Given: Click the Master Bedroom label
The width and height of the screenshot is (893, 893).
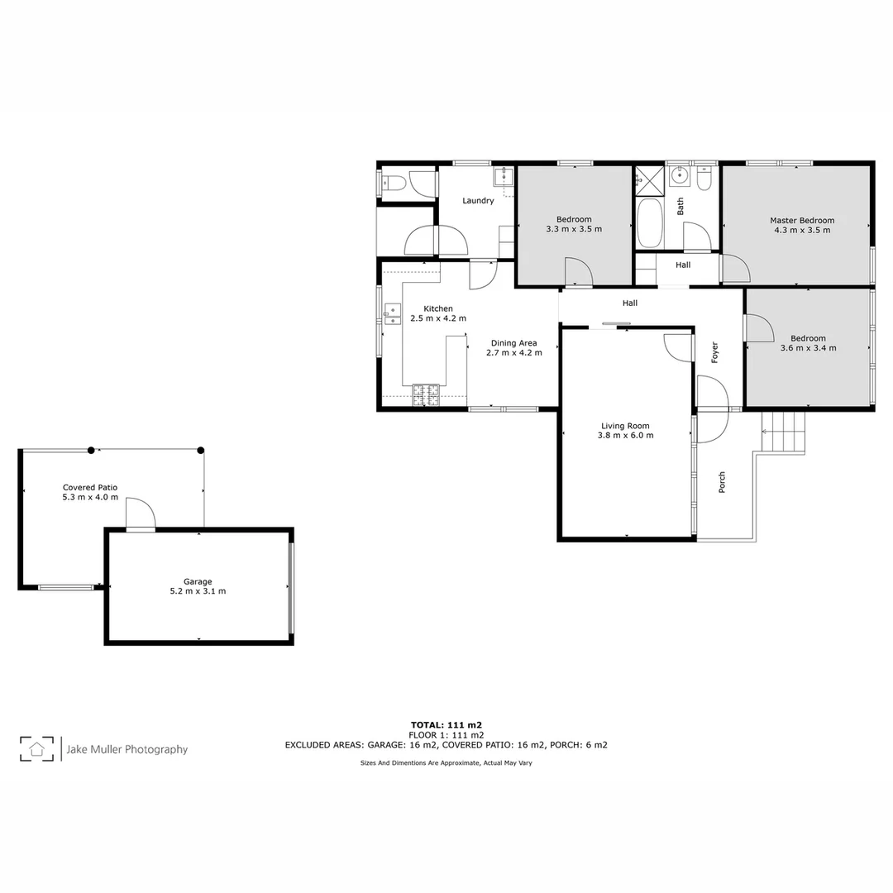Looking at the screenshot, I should click(801, 221).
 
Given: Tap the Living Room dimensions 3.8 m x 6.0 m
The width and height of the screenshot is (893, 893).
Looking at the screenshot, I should click(627, 435).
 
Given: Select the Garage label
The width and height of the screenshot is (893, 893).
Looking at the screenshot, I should click(198, 582).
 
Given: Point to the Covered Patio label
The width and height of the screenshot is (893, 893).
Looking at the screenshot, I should click(90, 488).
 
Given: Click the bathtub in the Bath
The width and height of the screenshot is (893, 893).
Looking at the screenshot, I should click(649, 222).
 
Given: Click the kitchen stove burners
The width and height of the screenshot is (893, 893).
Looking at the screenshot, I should click(426, 394).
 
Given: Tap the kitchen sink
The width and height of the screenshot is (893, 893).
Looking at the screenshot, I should click(392, 311).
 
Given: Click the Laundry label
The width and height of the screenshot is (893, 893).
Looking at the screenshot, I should click(478, 201).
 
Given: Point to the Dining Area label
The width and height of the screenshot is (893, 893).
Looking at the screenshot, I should click(513, 343).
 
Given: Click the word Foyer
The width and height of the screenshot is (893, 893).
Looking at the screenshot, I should click(715, 352).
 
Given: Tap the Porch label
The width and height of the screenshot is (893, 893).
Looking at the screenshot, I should click(722, 482).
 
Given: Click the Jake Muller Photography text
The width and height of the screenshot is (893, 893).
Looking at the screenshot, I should click(127, 749).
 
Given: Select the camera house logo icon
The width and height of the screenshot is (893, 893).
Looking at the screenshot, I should click(36, 749).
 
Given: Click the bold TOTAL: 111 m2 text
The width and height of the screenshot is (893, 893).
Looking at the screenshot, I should click(446, 724).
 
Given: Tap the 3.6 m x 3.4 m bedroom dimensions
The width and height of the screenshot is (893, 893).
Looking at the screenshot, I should click(808, 348).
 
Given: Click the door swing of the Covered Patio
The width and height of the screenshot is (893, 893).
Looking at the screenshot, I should click(141, 513).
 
